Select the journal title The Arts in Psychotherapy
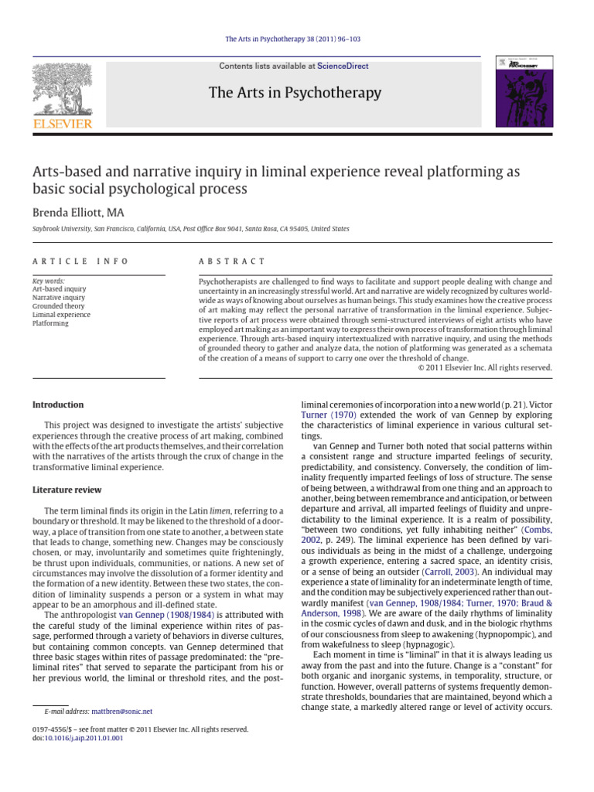[x=295, y=94]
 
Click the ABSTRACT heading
[x=232, y=261]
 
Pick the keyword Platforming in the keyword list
[x=50, y=323]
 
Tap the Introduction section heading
[x=58, y=405]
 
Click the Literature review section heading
[x=68, y=490]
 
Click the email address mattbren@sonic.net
[x=121, y=711]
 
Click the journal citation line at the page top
[x=297, y=39]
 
